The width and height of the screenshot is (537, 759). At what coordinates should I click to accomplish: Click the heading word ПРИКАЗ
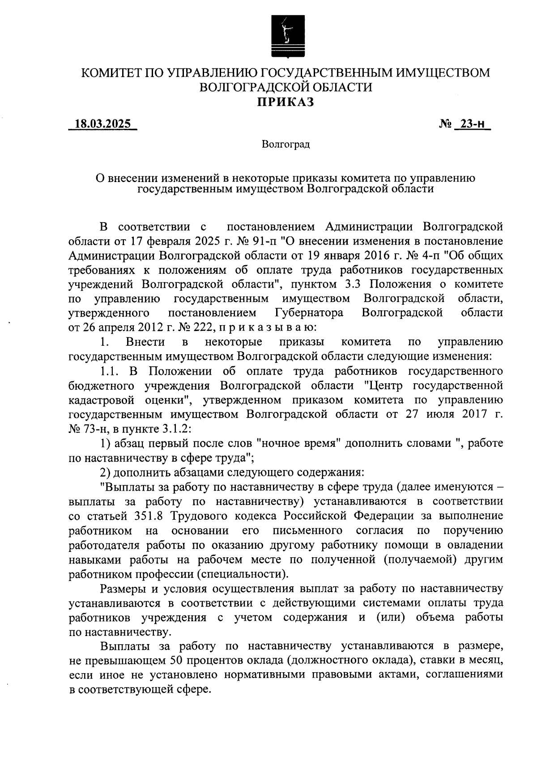pyautogui.click(x=286, y=102)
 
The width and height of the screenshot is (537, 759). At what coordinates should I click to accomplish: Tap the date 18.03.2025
pyautogui.click(x=102, y=124)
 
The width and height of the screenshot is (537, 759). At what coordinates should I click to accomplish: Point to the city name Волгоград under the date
pyautogui.click(x=286, y=144)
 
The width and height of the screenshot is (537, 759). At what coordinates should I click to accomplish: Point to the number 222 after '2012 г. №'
pyautogui.click(x=196, y=327)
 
